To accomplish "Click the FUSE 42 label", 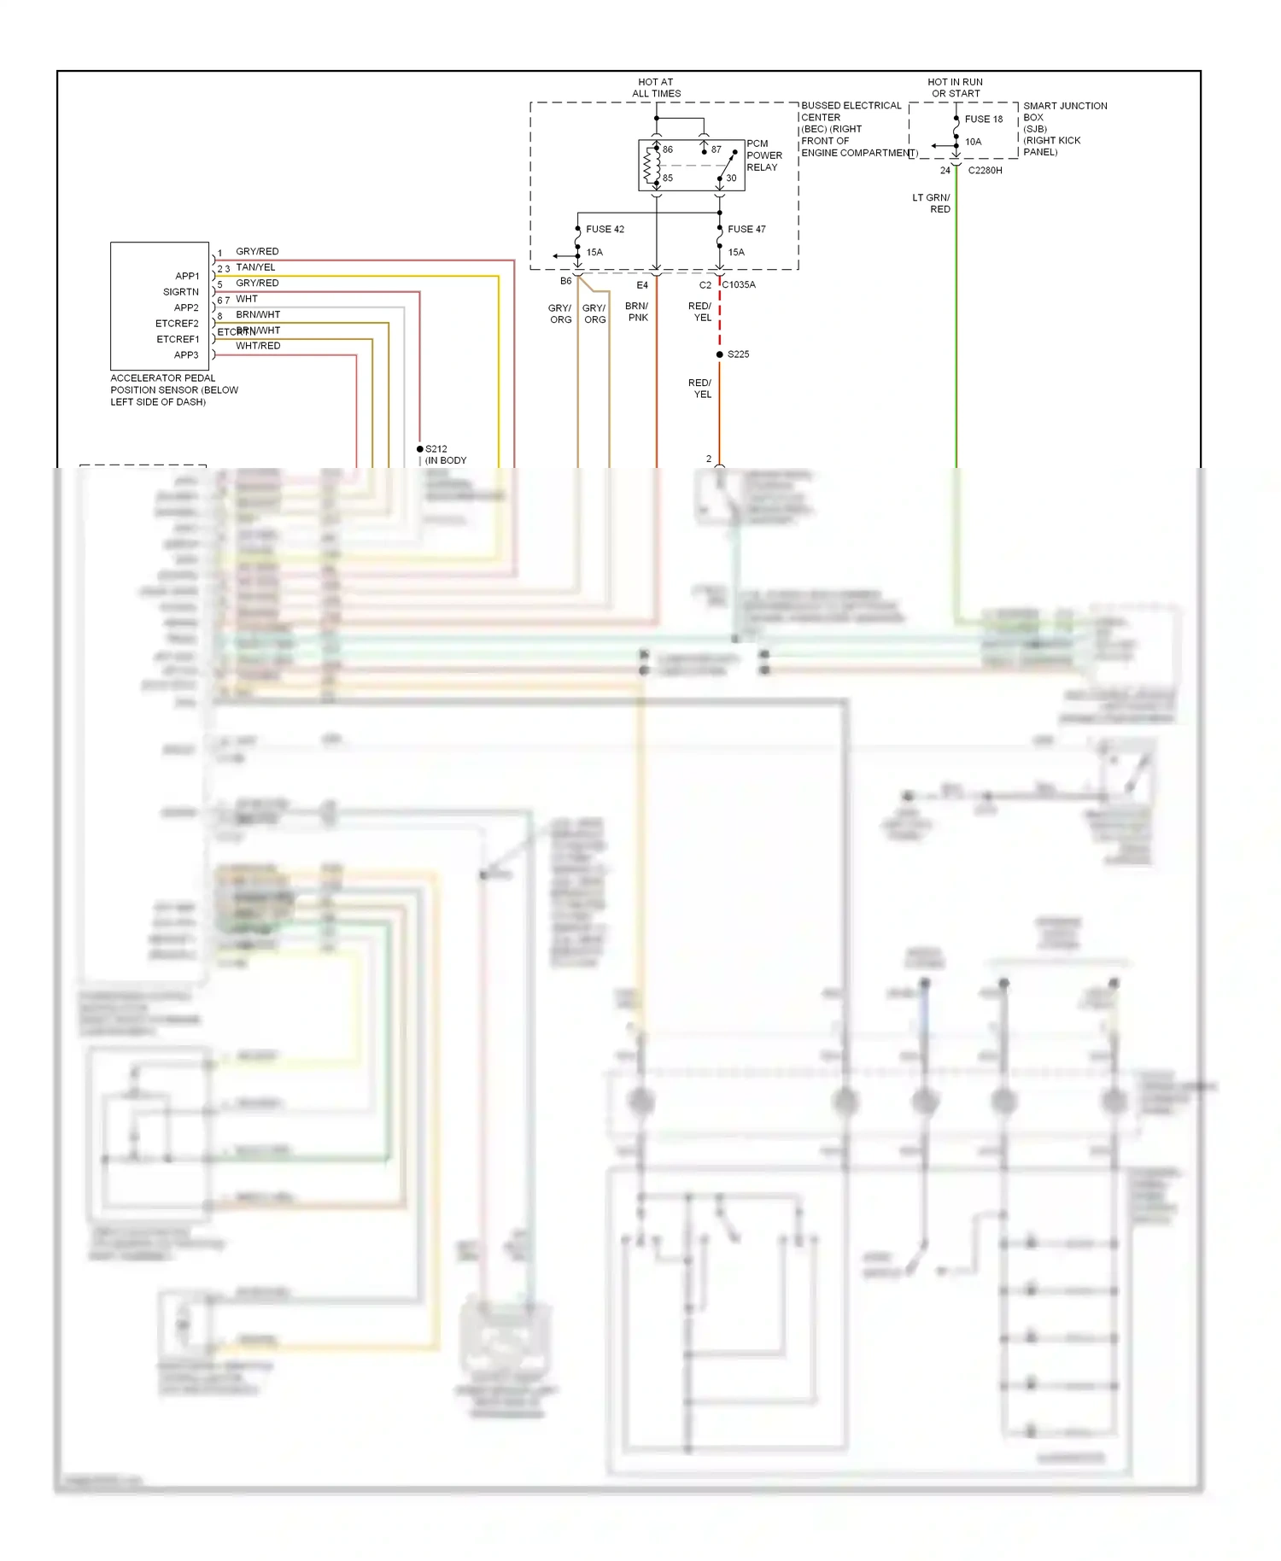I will pos(605,229).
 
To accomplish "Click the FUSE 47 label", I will pos(746,229).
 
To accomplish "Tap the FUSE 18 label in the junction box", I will pos(984,120).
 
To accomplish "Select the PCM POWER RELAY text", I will pos(763,155).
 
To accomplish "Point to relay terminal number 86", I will pos(668,149).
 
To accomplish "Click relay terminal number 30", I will pos(731,178).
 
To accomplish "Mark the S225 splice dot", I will pos(720,354).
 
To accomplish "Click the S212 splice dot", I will pos(420,449).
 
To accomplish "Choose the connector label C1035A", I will pos(739,285).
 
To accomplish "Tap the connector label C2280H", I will pos(985,171).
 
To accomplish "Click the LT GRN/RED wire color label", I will pos(932,203).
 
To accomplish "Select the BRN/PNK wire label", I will pos(637,312).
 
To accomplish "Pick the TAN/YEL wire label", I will pos(255,267).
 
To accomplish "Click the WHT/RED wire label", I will pos(258,346).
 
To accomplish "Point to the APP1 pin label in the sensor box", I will pos(187,276).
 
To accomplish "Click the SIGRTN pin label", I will pos(181,292).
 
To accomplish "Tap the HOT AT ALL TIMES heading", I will pos(656,88).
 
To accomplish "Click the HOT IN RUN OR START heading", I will pos(956,88).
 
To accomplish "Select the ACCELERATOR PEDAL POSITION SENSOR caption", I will pos(173,389).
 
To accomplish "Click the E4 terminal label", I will pos(642,285).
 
